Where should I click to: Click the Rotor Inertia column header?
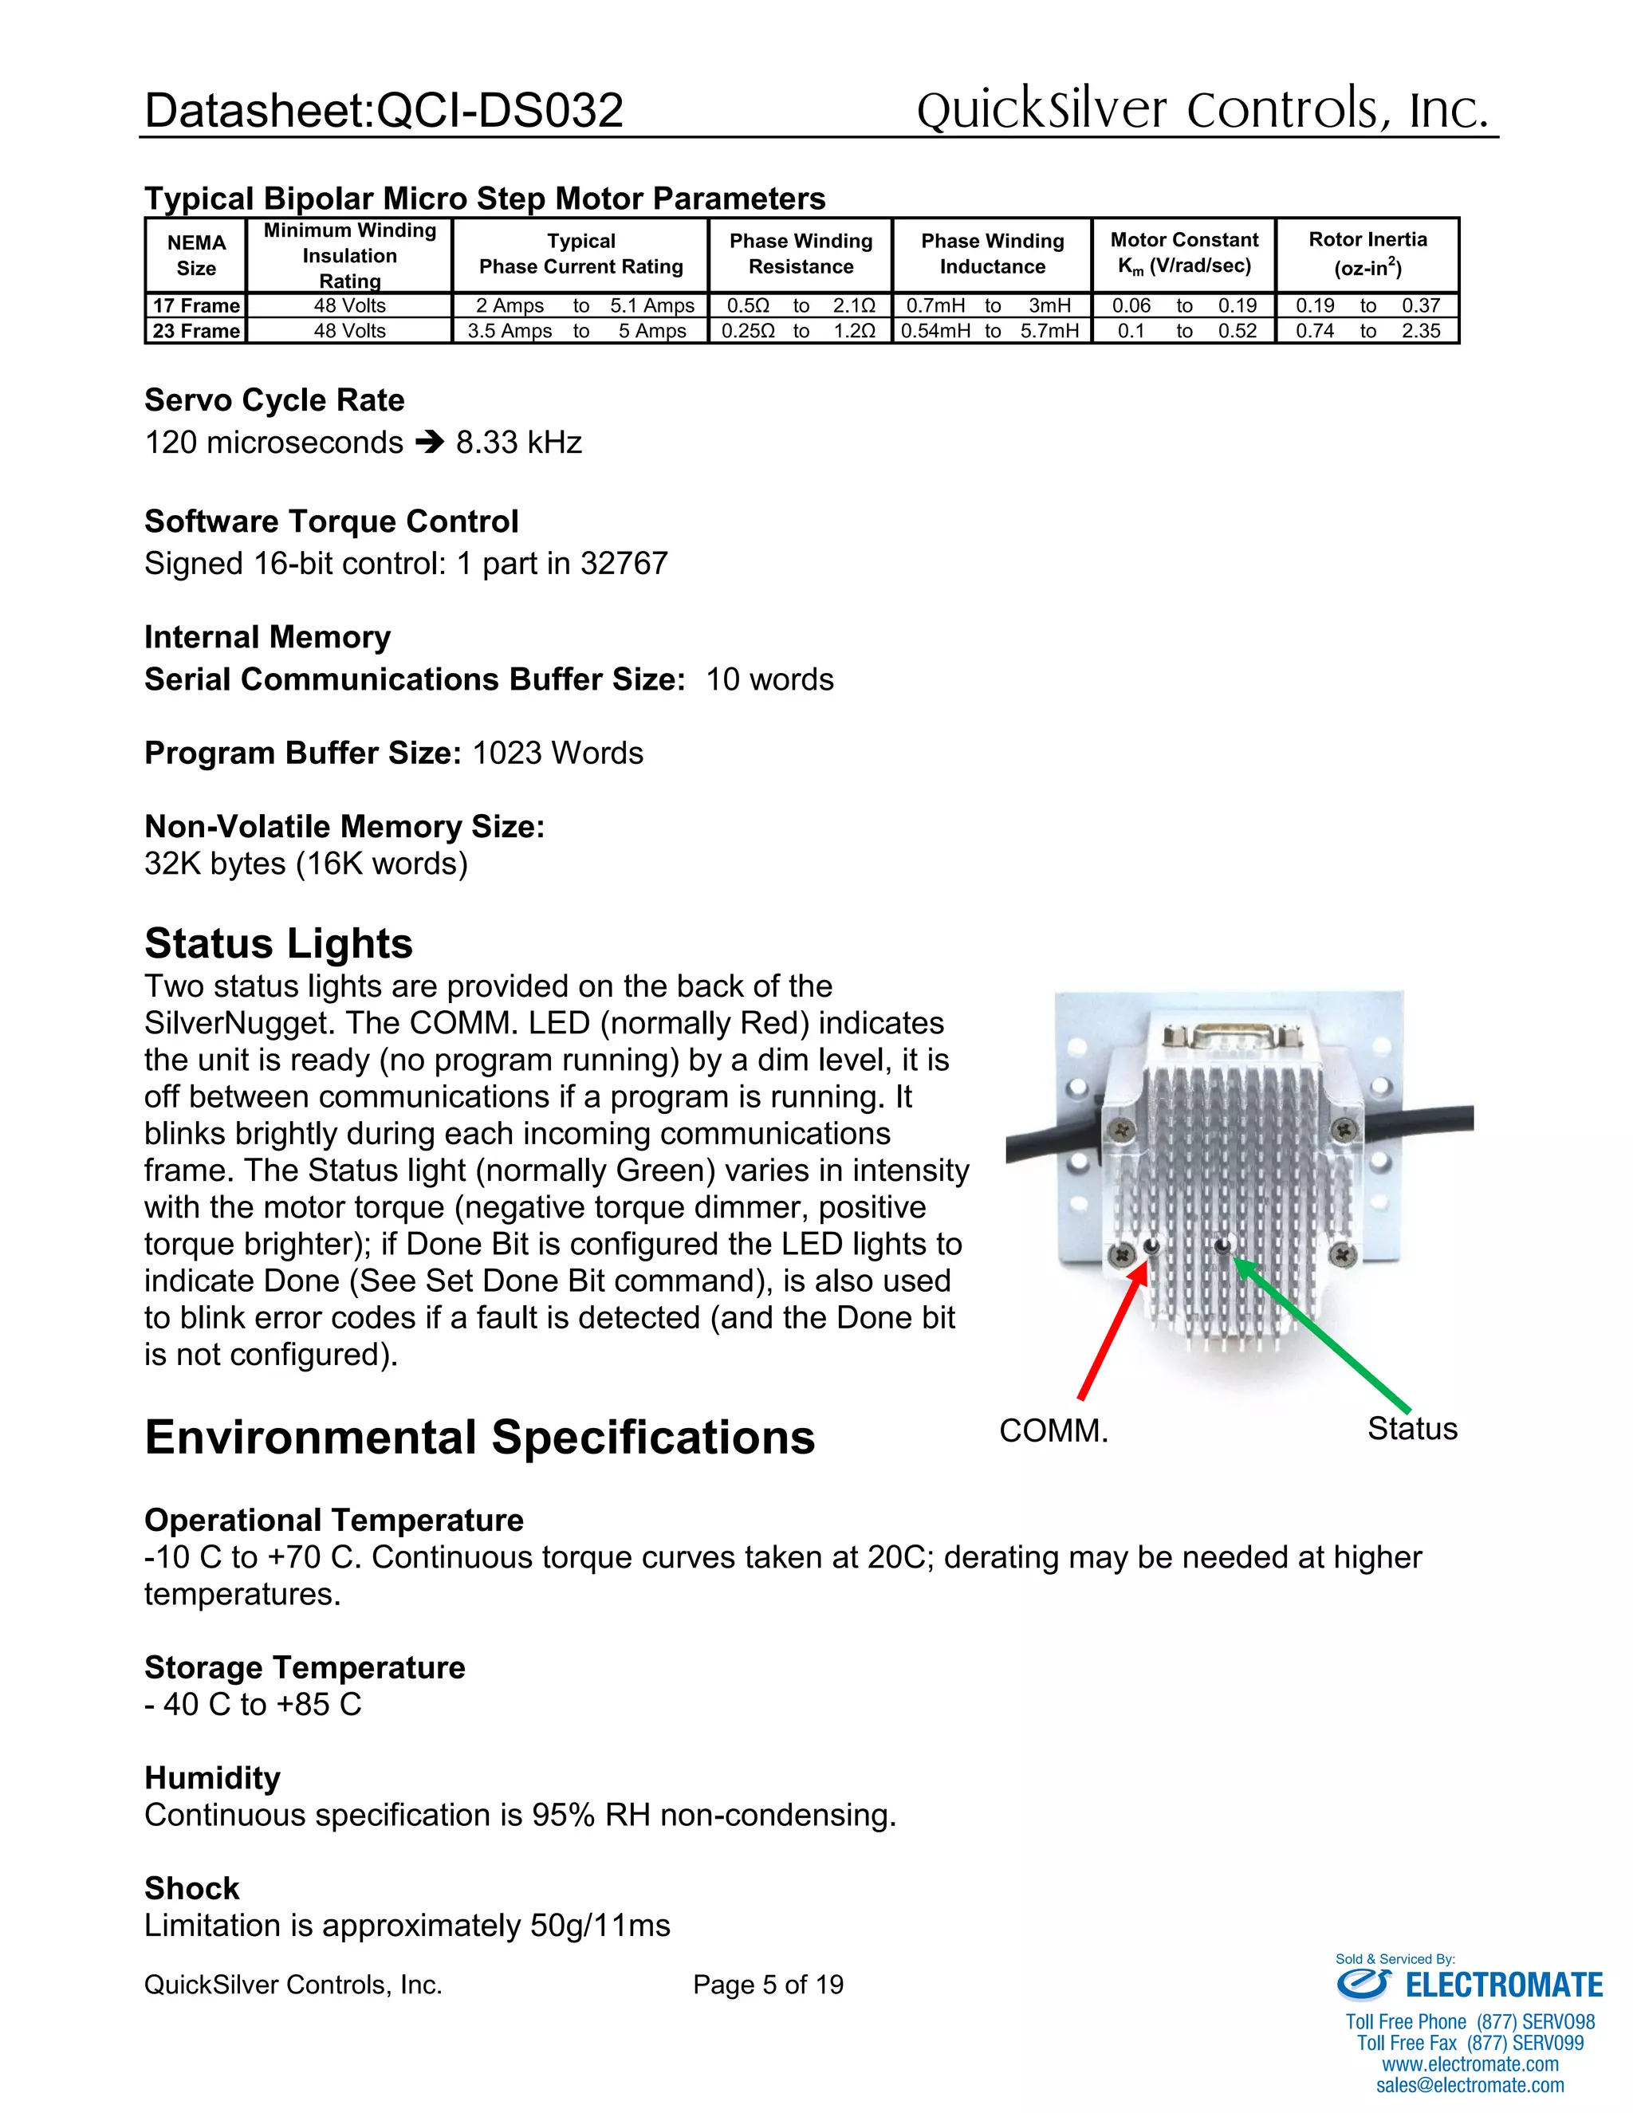point(1367,254)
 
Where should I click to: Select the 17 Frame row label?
point(196,305)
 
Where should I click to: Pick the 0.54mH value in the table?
point(935,331)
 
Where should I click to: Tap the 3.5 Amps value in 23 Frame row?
point(510,331)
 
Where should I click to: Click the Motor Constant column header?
point(1184,254)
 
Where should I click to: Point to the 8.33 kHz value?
point(518,443)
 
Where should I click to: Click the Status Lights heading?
point(278,943)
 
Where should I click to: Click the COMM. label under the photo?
point(1053,1431)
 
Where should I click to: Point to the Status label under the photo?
point(1411,1429)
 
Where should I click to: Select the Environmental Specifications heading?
point(480,1438)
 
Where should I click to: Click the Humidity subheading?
point(213,1778)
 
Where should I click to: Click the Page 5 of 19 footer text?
point(768,1985)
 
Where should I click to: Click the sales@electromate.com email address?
point(1470,2085)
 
